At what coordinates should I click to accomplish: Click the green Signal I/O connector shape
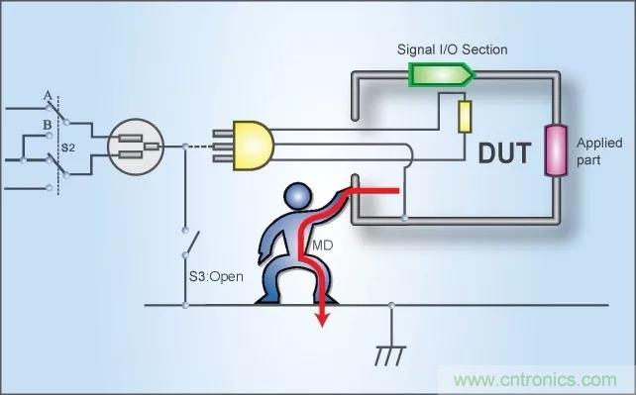pos(441,74)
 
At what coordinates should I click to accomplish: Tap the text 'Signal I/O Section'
pos(453,49)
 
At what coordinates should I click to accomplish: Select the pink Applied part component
pos(555,150)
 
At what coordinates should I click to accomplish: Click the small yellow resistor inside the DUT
pos(465,117)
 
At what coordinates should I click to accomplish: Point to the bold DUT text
pos(504,153)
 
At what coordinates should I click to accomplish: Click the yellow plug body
pos(253,146)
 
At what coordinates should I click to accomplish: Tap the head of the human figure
pos(298,196)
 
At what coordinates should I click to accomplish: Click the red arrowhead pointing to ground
pos(323,319)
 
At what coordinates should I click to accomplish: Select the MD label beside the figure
pos(323,246)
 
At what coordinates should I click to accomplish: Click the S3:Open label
pos(216,277)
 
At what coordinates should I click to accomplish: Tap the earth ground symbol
pos(390,355)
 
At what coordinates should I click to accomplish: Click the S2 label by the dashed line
pos(68,148)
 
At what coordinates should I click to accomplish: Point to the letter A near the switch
pos(48,96)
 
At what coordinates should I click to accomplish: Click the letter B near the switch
pos(48,125)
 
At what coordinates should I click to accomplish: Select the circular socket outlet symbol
pos(136,147)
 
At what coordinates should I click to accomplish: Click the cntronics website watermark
pos(535,380)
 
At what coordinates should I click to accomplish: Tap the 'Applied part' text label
pos(599,151)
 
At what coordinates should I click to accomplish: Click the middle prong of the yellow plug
pos(223,146)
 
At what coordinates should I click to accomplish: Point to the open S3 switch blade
pos(191,244)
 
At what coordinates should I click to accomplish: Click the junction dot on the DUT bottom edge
pos(404,219)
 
